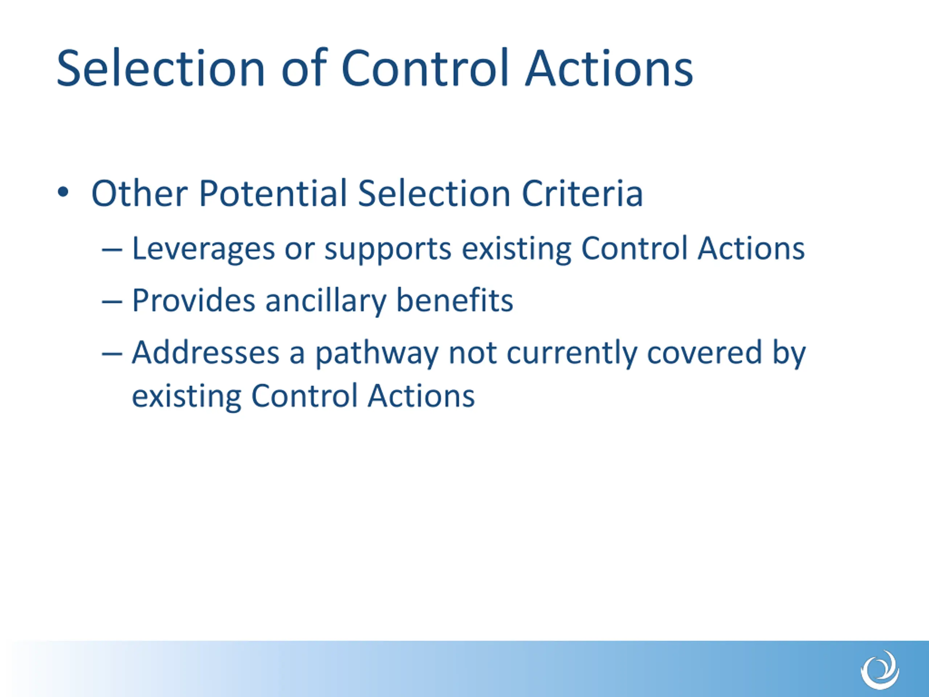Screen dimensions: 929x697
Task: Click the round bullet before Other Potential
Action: tap(63, 192)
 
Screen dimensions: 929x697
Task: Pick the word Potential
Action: tap(273, 193)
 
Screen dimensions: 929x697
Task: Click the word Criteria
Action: tap(582, 193)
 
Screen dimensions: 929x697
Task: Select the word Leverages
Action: tap(203, 249)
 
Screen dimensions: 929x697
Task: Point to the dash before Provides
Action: tap(112, 302)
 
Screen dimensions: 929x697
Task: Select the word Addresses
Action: tap(205, 352)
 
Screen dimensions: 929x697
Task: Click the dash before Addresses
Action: tap(112, 353)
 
